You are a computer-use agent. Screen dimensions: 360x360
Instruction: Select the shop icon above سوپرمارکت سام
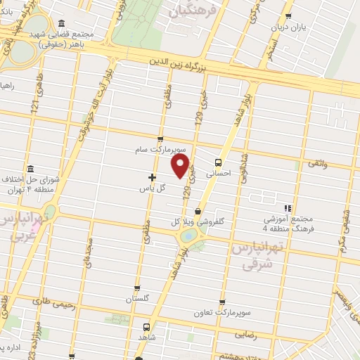161,139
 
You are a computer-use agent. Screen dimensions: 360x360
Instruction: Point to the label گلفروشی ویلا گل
200,222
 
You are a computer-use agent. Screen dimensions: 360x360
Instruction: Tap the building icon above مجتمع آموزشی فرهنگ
287,207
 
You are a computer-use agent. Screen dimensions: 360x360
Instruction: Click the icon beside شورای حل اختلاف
30,169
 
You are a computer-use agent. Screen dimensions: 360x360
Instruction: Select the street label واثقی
316,163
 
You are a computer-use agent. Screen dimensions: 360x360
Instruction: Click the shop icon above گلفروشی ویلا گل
199,210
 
